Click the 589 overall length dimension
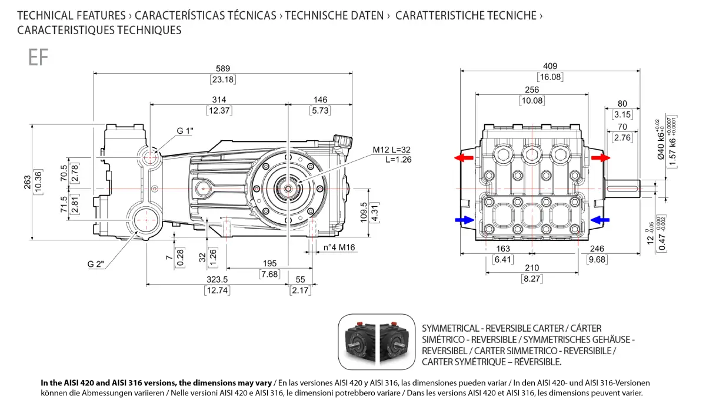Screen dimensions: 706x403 pyautogui.click(x=223, y=68)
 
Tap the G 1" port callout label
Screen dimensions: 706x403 pyautogui.click(x=185, y=131)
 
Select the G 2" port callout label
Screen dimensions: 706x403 pyautogui.click(x=95, y=264)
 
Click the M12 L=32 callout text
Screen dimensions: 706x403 pyautogui.click(x=391, y=150)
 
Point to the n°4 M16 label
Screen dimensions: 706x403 pyautogui.click(x=339, y=247)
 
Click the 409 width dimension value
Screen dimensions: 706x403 pyautogui.click(x=550, y=66)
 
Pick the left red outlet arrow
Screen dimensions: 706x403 pyautogui.click(x=464, y=158)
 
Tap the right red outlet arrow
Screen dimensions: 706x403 pyautogui.click(x=601, y=158)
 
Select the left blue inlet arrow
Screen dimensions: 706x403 pyautogui.click(x=465, y=220)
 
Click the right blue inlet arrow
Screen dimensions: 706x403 pyautogui.click(x=600, y=220)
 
